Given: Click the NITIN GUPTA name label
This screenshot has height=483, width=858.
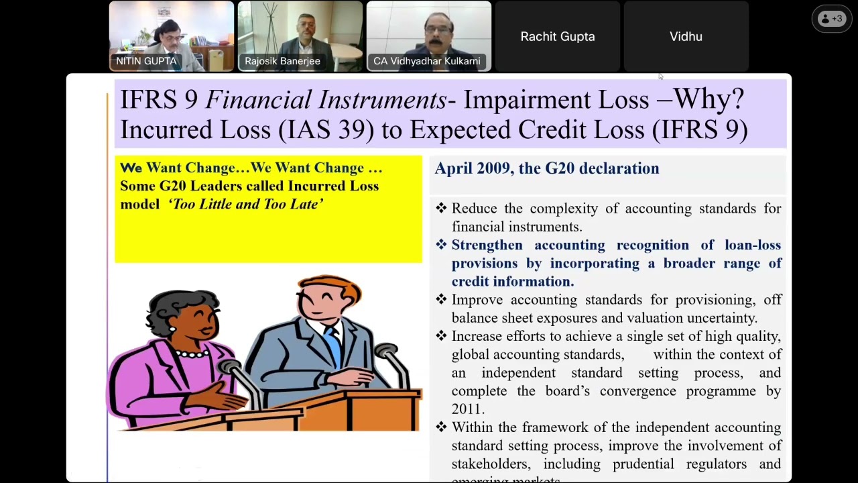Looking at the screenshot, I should point(146,61).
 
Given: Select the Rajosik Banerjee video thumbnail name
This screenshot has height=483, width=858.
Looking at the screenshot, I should point(282,61).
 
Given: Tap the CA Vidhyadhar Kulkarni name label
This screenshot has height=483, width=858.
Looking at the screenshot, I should point(426,61).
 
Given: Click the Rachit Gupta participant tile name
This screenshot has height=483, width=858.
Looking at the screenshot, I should point(557,37).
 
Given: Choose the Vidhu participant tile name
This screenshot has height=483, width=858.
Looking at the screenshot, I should point(686,37).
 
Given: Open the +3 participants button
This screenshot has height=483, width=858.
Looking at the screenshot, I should point(832,19).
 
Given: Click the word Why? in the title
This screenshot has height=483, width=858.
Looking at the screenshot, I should point(709,100).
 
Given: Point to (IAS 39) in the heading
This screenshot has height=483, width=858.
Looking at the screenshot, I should point(326,129).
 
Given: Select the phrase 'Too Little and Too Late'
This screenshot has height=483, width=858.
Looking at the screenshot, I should point(246,204).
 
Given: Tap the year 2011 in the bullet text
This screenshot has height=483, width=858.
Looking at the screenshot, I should point(467,409).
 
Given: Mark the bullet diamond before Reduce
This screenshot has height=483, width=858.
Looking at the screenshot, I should point(441,209).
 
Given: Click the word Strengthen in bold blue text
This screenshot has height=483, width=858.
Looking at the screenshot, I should point(487,246).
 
